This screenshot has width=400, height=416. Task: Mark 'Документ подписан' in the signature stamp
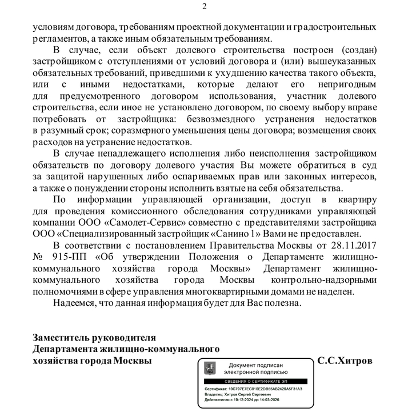(255, 365)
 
